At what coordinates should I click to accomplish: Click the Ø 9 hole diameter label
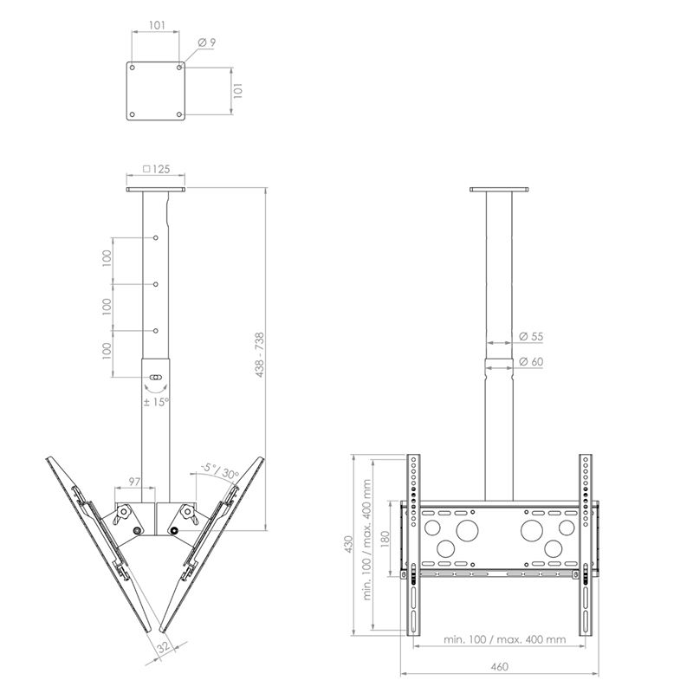(207, 42)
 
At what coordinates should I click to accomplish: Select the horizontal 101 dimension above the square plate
(156, 25)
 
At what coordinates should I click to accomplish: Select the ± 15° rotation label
(157, 401)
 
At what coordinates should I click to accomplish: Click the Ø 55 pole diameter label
(530, 336)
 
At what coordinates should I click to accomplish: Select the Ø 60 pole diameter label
(530, 361)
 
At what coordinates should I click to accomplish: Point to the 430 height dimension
(348, 544)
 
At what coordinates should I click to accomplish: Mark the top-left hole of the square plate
(133, 65)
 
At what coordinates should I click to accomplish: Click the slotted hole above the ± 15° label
(156, 378)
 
